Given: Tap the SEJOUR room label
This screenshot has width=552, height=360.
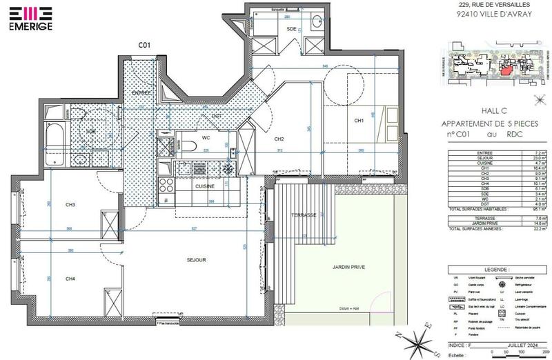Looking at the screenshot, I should [x=197, y=259].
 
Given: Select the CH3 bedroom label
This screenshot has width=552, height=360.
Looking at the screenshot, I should [x=70, y=205].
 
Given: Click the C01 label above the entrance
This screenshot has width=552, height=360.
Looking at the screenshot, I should [x=144, y=45].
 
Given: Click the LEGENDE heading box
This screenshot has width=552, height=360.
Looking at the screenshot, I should [x=494, y=270].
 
